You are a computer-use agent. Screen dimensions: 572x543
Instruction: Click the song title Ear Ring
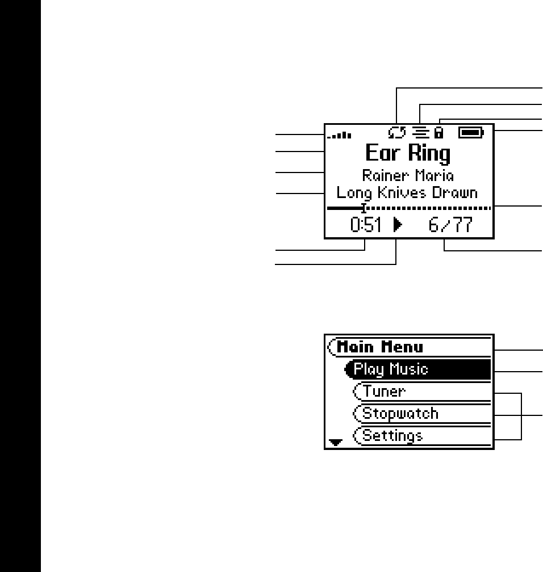click(x=407, y=154)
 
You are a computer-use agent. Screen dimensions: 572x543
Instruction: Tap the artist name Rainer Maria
click(x=408, y=176)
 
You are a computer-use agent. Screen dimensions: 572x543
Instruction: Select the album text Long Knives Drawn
click(x=407, y=193)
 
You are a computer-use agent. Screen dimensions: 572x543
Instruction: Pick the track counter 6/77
click(x=450, y=226)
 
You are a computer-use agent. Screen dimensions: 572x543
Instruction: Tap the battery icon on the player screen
click(x=471, y=133)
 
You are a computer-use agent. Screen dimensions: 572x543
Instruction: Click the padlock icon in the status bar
click(x=438, y=133)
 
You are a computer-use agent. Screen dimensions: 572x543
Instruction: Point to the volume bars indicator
click(x=340, y=135)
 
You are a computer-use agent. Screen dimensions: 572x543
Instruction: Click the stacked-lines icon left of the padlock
click(x=420, y=133)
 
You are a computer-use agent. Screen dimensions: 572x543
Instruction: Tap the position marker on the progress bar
click(x=364, y=208)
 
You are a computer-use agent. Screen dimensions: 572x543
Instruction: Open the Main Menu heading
click(x=380, y=346)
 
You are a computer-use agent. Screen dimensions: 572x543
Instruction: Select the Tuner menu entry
click(x=385, y=392)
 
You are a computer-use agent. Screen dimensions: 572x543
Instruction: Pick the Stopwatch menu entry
click(x=400, y=413)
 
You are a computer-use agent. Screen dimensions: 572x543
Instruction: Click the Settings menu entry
click(x=392, y=436)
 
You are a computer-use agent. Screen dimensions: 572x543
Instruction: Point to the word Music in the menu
click(x=408, y=369)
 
